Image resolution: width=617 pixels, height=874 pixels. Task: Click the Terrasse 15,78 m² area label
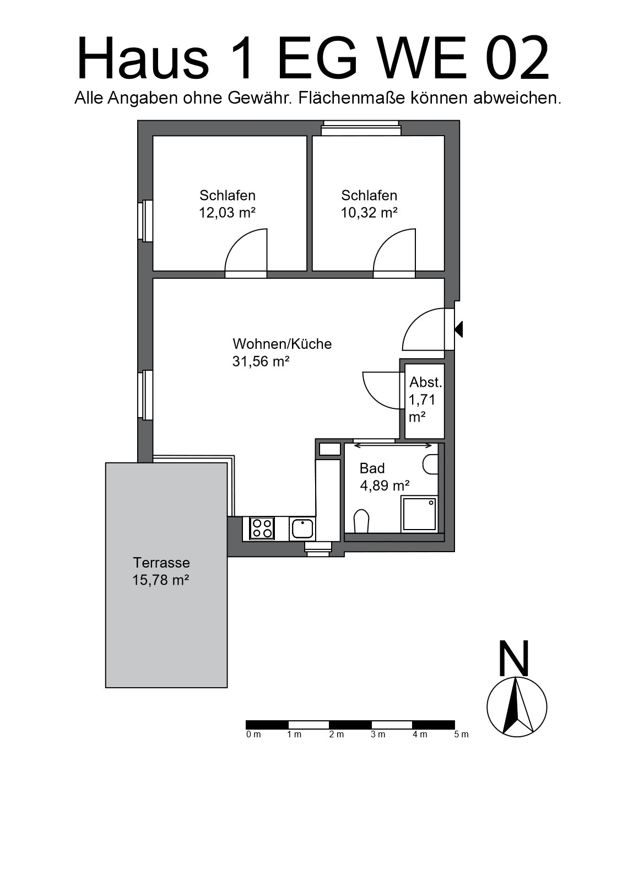point(161,571)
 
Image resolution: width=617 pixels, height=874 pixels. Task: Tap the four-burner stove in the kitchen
point(262,528)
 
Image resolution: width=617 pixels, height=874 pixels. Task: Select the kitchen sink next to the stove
point(302,528)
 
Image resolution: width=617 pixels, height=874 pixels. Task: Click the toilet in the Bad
point(361,521)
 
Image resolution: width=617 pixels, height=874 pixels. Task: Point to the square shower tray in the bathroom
point(419,514)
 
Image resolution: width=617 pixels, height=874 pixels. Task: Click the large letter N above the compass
point(514,659)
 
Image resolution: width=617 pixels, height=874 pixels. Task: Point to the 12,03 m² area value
point(228,213)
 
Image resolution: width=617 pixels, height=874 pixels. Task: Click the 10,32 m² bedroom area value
point(369,213)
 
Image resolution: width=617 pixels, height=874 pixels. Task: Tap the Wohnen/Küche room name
point(282,344)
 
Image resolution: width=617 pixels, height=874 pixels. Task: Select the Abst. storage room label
point(425,382)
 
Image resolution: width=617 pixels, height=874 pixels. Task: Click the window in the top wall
point(361,128)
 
